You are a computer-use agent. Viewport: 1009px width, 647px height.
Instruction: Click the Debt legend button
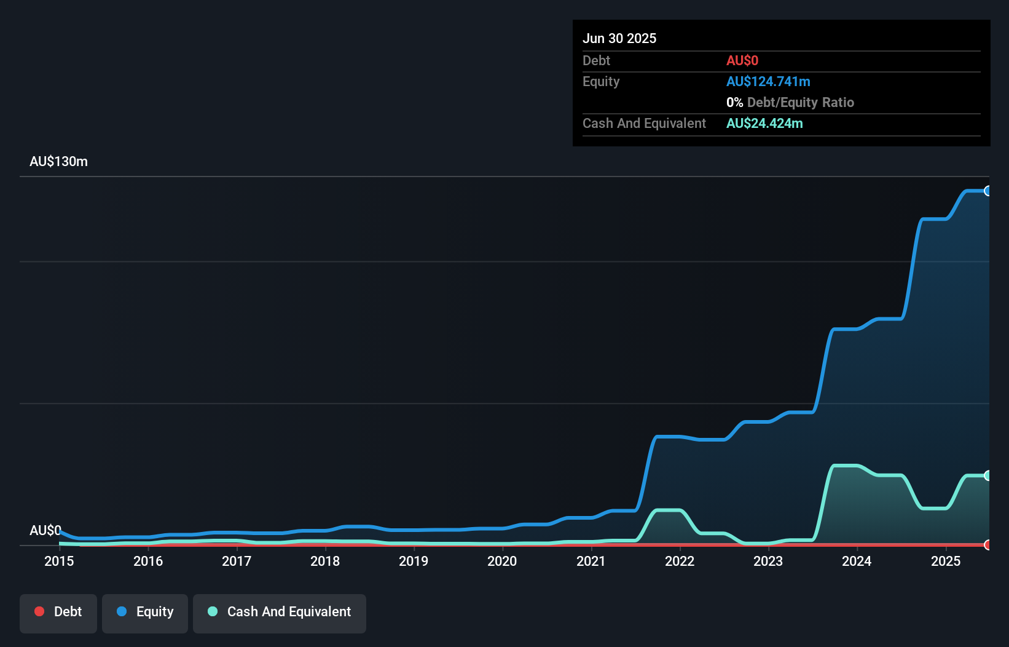[x=58, y=613]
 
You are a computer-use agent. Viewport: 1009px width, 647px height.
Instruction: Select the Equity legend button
[x=145, y=613]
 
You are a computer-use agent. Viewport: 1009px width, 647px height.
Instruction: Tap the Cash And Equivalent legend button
[x=280, y=613]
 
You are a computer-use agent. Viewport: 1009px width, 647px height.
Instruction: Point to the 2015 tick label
[x=59, y=561]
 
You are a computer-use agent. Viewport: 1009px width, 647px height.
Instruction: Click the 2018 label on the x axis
[x=325, y=561]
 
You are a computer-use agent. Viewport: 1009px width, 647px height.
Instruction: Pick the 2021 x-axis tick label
[x=591, y=561]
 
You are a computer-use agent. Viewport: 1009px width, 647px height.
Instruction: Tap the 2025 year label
[x=945, y=561]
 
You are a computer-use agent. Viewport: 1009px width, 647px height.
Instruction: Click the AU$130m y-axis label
[x=58, y=162]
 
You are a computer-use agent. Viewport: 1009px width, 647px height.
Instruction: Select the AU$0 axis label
[x=45, y=530]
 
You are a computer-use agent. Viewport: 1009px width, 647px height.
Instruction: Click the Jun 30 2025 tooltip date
[x=619, y=38]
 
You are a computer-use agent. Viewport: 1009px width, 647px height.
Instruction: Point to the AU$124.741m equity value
[x=768, y=82]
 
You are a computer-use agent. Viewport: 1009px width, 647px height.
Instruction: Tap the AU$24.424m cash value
[x=764, y=124]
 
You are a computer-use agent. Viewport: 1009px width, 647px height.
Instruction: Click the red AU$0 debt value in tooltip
[x=742, y=61]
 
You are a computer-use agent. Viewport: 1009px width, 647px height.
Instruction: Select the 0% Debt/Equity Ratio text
[x=790, y=103]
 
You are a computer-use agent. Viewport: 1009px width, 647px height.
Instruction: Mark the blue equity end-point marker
[x=987, y=191]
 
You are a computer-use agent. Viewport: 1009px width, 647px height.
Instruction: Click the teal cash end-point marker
[x=987, y=475]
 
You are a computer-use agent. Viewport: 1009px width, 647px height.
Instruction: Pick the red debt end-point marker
[x=987, y=545]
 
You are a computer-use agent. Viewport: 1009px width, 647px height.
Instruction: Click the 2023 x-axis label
[x=768, y=561]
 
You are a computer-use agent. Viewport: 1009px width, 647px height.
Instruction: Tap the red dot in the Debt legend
[x=39, y=611]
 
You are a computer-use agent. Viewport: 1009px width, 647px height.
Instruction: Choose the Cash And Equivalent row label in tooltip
[x=644, y=124]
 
